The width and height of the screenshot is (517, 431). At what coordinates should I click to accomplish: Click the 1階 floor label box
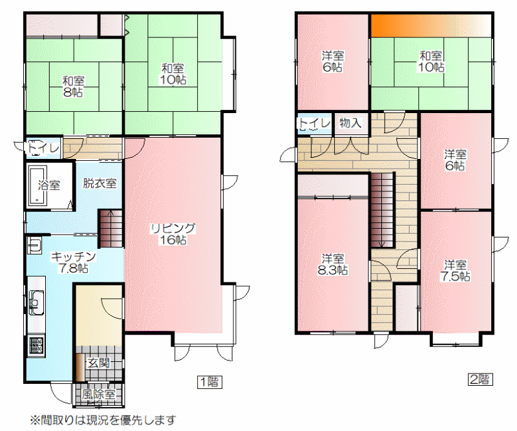209,382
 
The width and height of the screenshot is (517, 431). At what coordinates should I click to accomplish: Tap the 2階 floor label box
480,379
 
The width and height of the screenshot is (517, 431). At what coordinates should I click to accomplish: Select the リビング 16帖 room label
173,234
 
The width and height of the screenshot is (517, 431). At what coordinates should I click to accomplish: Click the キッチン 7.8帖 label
73,262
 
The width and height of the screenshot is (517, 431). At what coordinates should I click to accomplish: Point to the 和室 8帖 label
73,87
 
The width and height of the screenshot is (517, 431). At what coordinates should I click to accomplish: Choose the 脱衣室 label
100,183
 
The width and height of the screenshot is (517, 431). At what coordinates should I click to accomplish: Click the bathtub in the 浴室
37,185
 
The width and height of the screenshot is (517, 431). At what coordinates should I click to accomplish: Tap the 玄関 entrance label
99,363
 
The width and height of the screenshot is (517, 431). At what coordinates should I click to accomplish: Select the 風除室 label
98,394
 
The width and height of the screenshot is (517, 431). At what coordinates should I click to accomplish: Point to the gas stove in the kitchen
36,345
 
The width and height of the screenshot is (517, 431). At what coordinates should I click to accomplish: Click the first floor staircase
111,228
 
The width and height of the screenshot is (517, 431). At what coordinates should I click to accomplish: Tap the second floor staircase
383,210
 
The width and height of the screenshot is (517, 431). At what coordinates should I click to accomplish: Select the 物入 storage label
350,123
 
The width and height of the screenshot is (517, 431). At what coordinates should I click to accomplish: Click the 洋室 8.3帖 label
333,264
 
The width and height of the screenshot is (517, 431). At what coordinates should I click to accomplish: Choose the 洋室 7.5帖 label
456,270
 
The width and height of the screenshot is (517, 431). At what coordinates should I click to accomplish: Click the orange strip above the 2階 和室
430,26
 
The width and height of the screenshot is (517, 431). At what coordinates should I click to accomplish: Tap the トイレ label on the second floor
314,123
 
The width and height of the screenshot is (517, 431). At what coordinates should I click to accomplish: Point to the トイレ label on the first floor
43,147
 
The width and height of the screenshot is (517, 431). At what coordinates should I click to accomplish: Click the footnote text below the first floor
103,421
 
